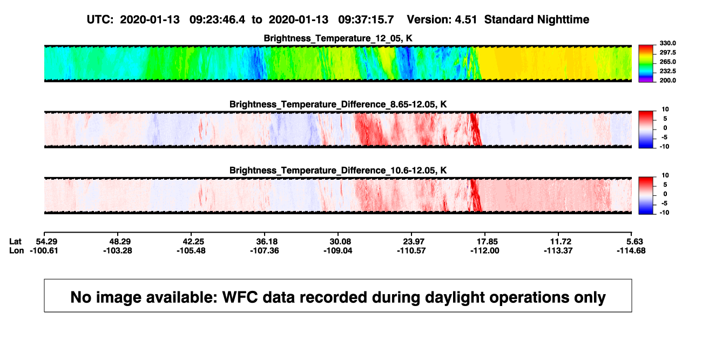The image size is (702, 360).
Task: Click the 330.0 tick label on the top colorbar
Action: point(667,43)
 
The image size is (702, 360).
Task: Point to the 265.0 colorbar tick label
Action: point(667,62)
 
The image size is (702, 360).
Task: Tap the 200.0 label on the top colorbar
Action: point(667,80)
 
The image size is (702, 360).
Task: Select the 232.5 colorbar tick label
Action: point(667,71)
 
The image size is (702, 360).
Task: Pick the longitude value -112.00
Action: point(485,250)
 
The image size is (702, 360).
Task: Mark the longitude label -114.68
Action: point(631,250)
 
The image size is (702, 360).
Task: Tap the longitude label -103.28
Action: point(118,250)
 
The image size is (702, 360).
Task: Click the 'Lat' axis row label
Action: point(15,242)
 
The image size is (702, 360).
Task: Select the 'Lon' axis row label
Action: point(16,250)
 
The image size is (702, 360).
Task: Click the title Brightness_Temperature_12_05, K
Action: point(338,38)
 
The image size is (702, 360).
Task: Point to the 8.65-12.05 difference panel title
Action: point(338,104)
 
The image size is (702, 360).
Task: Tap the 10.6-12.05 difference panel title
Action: point(338,171)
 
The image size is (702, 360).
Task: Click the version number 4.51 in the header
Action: point(465,20)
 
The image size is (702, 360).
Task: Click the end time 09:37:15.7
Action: point(366,20)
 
